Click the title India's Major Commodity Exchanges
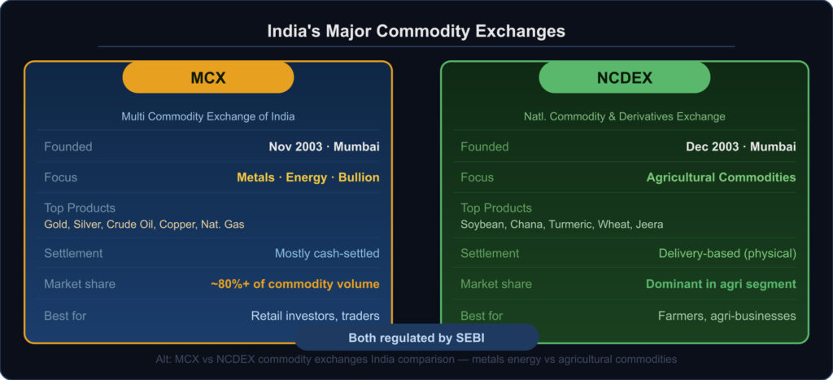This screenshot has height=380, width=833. click(416, 31)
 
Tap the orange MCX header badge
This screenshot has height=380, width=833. click(208, 77)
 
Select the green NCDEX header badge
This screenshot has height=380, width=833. click(625, 77)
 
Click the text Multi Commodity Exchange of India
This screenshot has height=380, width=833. click(208, 116)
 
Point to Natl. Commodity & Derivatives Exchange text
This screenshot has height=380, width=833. click(625, 116)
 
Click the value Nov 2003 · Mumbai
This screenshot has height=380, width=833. click(324, 146)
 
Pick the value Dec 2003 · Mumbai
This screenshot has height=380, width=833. click(741, 146)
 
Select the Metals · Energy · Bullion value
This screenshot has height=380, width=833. click(308, 177)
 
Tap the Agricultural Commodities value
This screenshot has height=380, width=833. click(722, 177)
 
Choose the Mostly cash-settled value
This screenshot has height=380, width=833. click(327, 254)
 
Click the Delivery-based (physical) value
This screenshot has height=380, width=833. click(727, 254)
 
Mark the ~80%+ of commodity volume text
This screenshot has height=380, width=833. click(295, 284)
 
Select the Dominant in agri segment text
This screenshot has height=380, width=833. click(721, 284)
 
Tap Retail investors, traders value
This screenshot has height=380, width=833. click(316, 317)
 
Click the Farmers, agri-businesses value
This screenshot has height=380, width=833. click(727, 317)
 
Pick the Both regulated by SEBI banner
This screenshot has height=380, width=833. click(416, 338)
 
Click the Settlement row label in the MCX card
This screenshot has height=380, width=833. click(73, 254)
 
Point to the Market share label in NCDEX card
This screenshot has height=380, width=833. click(496, 284)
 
